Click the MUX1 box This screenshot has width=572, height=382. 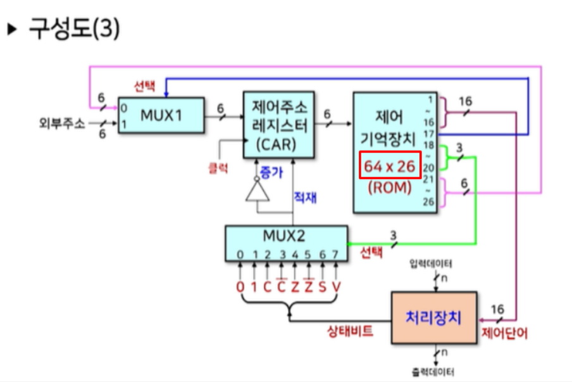tap(161, 115)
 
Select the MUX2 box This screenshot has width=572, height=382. tap(286, 243)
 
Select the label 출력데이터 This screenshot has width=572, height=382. tap(432, 372)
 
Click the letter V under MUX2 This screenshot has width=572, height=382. tap(336, 286)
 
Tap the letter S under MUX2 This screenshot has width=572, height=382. tap(322, 286)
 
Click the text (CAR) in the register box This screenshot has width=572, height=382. tap(277, 144)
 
